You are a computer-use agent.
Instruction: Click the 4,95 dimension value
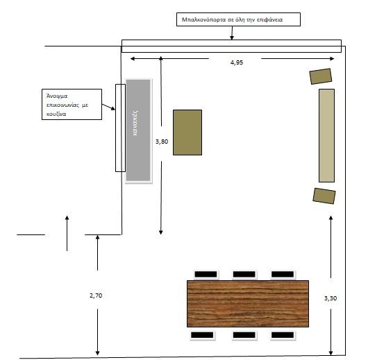(x=237, y=62)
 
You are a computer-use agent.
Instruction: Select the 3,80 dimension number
(x=162, y=142)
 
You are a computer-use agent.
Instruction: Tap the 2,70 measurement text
(x=96, y=295)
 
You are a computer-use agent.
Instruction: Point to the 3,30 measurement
(x=331, y=298)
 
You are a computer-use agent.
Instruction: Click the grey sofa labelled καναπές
(x=138, y=130)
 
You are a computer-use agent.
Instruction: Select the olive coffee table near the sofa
(x=187, y=132)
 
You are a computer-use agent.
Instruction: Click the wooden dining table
(x=248, y=304)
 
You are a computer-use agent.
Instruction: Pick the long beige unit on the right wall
(x=326, y=135)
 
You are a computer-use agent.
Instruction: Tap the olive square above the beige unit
(x=321, y=76)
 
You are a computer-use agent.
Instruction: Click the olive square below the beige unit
(x=324, y=196)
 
